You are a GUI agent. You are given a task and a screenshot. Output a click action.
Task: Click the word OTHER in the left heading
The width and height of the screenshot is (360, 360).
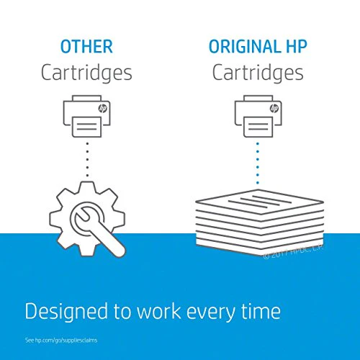pyautogui.click(x=86, y=47)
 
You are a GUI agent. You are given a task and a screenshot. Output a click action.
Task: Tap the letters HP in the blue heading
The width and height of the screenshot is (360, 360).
pyautogui.click(x=297, y=46)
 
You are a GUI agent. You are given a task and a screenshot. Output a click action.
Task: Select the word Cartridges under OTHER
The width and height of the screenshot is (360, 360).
pyautogui.click(x=86, y=73)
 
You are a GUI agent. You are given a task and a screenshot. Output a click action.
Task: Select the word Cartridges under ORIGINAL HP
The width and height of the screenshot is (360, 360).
pyautogui.click(x=258, y=73)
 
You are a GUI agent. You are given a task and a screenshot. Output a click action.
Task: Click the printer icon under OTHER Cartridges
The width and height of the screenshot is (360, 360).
pyautogui.click(x=86, y=117)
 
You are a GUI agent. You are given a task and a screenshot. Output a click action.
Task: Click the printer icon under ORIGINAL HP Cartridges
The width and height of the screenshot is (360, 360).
pyautogui.click(x=258, y=117)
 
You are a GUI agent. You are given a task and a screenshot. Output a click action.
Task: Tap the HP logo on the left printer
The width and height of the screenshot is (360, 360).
pyautogui.click(x=103, y=109)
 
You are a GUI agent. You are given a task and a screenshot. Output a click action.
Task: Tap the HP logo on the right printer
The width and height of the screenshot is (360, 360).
pyautogui.click(x=274, y=109)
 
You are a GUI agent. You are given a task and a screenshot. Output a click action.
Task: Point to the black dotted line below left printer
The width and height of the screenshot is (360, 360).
pyautogui.click(x=87, y=160)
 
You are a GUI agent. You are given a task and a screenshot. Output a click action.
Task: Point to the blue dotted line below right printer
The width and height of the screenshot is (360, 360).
pyautogui.click(x=258, y=163)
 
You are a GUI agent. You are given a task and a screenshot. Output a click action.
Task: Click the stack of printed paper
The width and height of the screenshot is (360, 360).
pyautogui.click(x=260, y=222)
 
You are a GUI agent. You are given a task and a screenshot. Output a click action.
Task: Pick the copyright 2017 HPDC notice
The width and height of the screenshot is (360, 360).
pyautogui.click(x=293, y=252)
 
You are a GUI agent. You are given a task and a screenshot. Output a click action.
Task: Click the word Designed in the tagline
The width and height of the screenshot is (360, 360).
pyautogui.click(x=66, y=312)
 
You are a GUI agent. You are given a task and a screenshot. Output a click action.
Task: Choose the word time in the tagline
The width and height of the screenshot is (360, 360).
pyautogui.click(x=261, y=311)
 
